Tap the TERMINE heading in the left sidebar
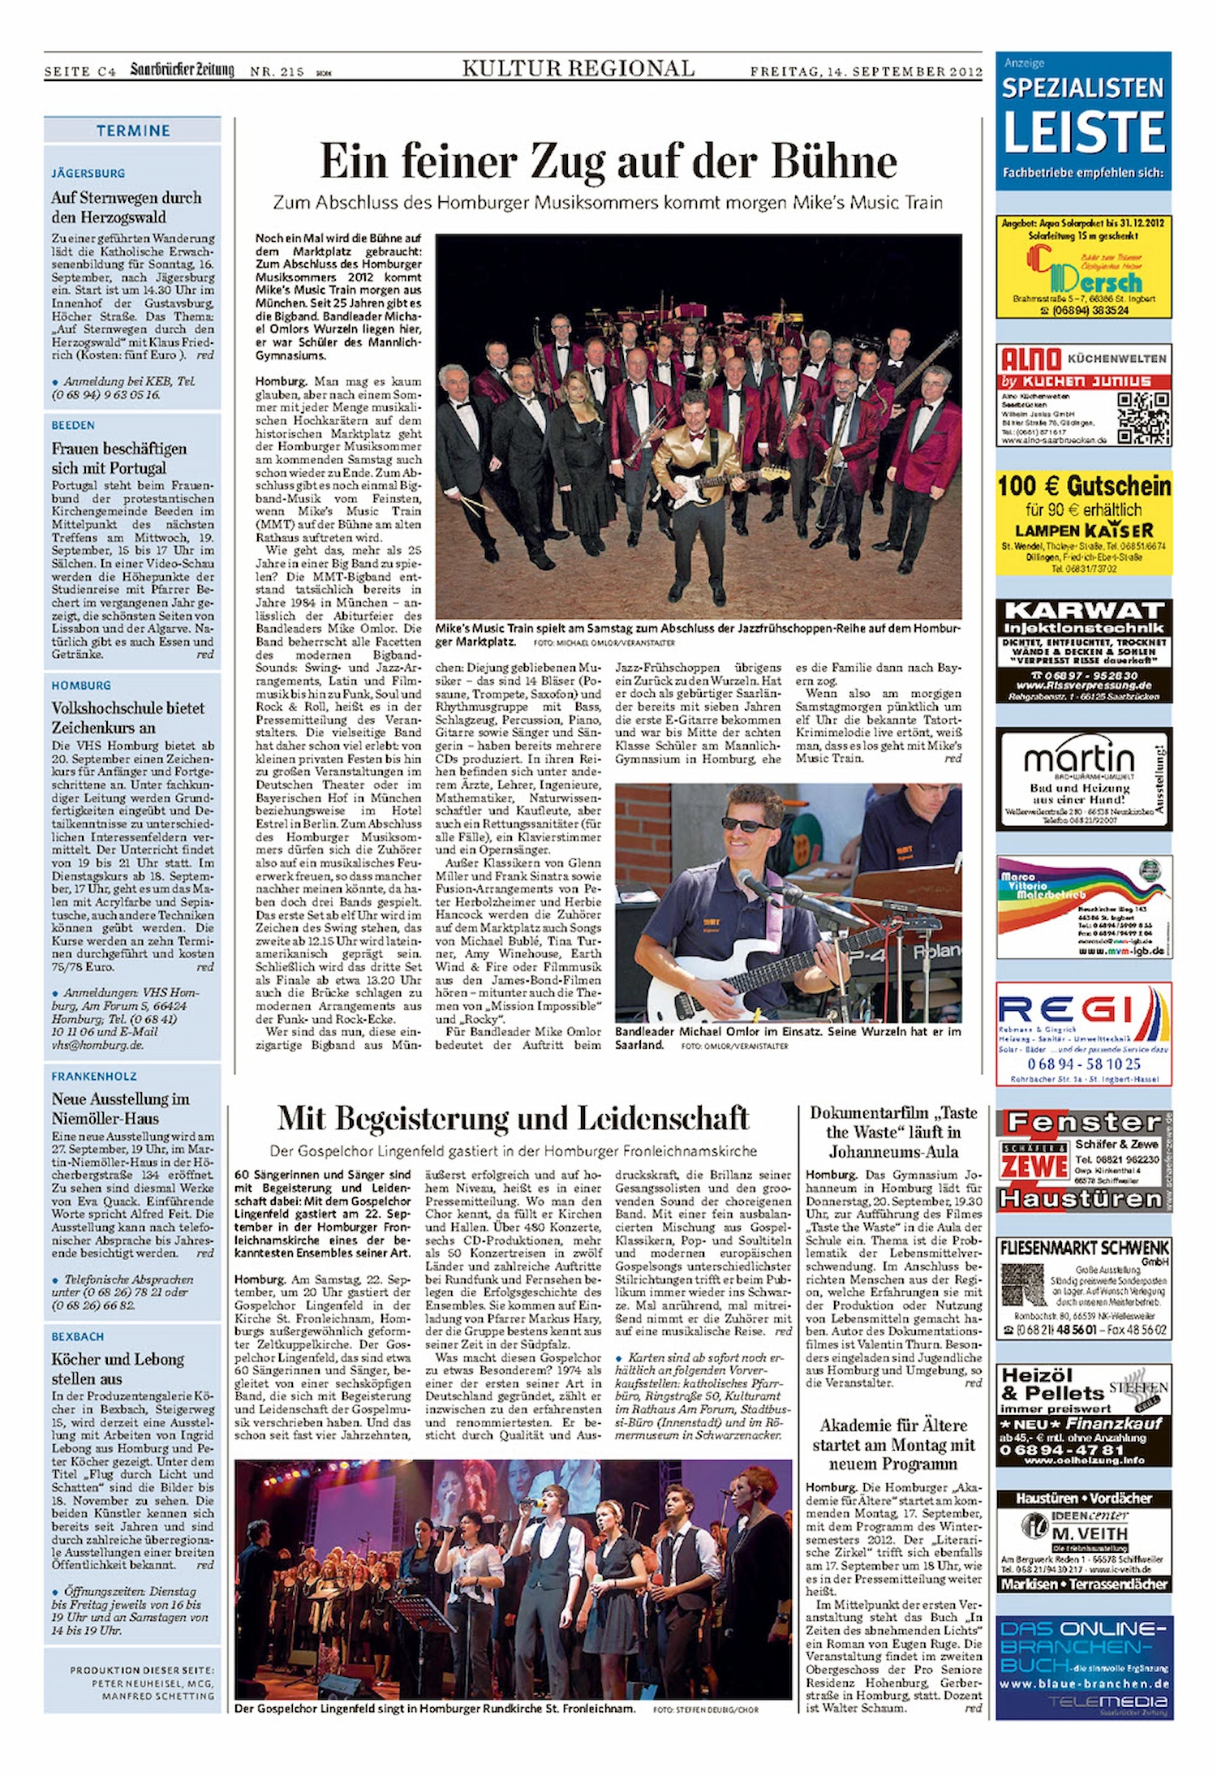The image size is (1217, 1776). (x=133, y=131)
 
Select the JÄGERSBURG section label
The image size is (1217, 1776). (x=88, y=173)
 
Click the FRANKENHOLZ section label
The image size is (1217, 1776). (x=94, y=1076)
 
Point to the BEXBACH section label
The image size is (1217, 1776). (x=78, y=1336)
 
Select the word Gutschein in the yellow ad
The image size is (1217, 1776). (x=1118, y=486)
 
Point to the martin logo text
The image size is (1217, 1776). (x=1079, y=759)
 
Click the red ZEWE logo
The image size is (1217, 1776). (x=1034, y=1166)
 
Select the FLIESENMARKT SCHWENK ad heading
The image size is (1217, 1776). (x=1084, y=1248)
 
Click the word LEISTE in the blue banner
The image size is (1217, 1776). (x=1084, y=131)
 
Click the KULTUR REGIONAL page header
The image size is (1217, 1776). (x=578, y=69)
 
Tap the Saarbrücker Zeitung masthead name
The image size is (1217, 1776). (x=182, y=70)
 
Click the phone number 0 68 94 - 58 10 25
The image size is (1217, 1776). (x=1083, y=1064)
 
